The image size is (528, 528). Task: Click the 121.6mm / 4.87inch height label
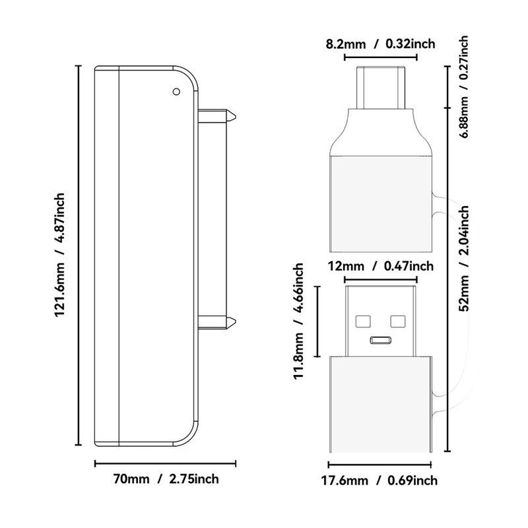click(60, 254)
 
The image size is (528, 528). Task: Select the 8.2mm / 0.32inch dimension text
click(381, 44)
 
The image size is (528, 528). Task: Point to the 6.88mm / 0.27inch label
click(464, 86)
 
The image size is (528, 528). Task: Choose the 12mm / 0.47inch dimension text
click(381, 266)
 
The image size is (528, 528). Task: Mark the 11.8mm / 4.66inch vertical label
click(298, 322)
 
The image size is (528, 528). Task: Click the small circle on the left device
click(176, 92)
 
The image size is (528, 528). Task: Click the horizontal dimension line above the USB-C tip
click(381, 57)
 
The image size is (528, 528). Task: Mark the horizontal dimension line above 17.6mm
click(381, 464)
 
